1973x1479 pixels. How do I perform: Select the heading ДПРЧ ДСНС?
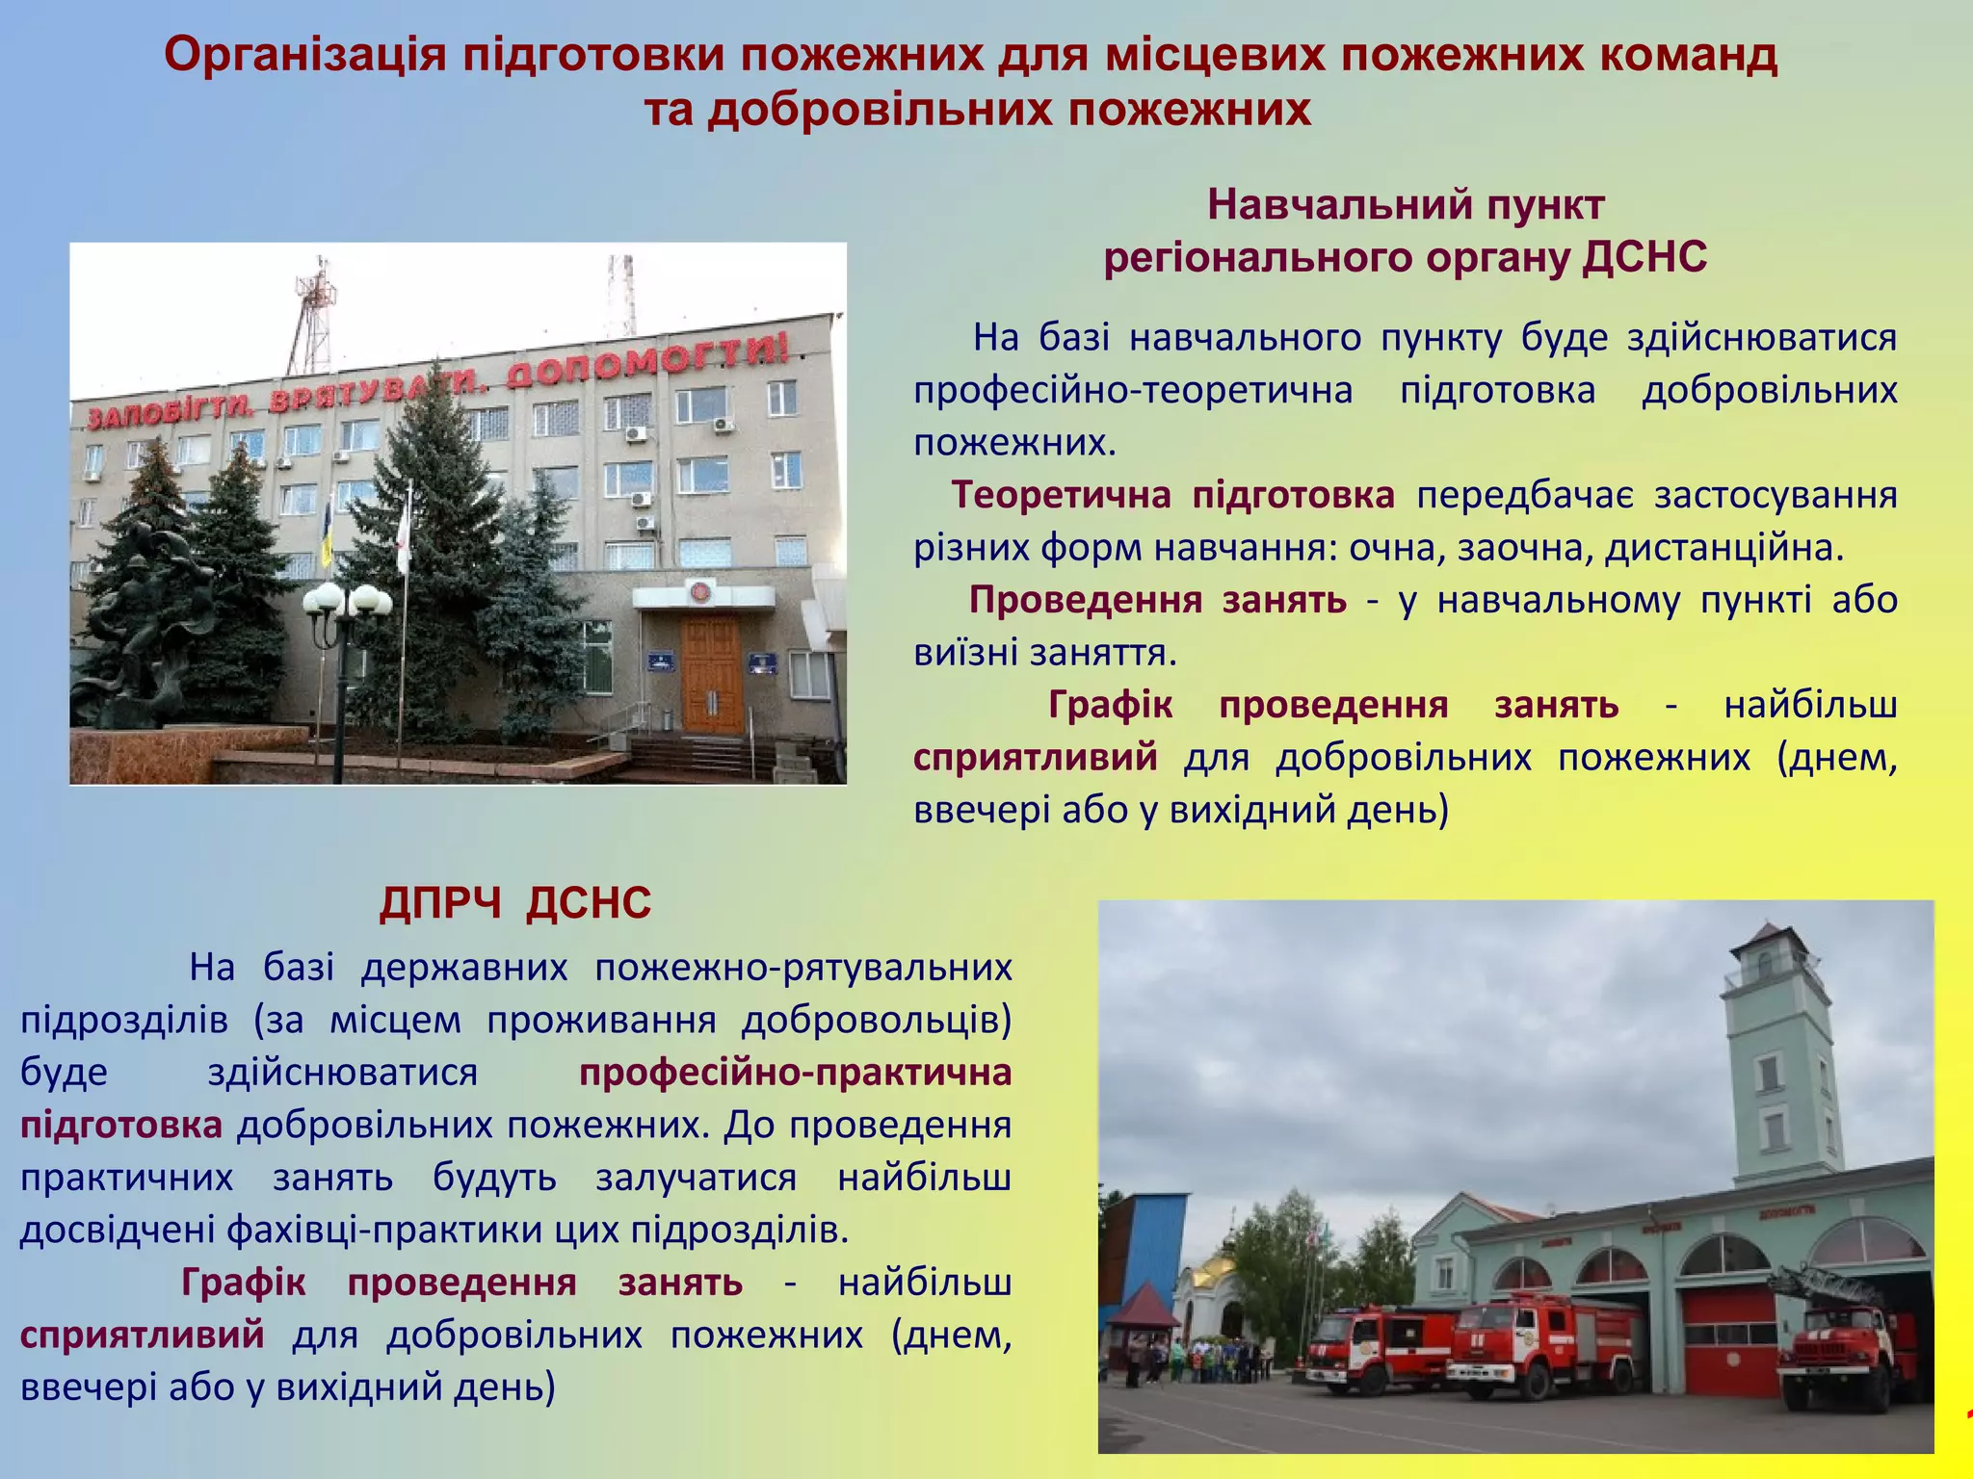coord(515,904)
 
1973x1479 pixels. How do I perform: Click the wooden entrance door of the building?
coord(712,674)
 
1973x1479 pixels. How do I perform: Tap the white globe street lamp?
coord(346,602)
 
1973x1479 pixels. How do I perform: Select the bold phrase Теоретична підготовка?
coord(1172,495)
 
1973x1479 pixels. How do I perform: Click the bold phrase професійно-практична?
coord(795,1073)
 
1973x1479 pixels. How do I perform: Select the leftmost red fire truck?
coord(1373,1348)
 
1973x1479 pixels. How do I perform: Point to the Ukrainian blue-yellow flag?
coord(327,535)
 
